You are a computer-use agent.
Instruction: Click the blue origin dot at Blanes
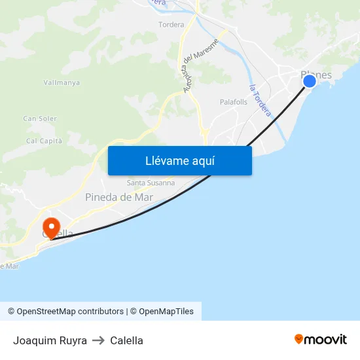[310, 81]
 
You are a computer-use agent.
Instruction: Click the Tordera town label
[171, 25]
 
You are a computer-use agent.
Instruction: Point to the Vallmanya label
[62, 82]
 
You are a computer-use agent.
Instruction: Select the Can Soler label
[40, 118]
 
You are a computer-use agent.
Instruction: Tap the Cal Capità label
[44, 141]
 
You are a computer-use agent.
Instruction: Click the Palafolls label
[234, 102]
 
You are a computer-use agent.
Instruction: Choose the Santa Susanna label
[151, 183]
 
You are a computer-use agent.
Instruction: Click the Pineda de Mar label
[118, 196]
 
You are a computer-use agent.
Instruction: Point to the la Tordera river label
[260, 100]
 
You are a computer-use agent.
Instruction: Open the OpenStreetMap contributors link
[70, 312]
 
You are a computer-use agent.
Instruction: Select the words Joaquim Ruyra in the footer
[50, 340]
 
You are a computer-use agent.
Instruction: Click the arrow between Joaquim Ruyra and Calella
[98, 340]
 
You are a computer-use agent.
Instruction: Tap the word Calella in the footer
[126, 340]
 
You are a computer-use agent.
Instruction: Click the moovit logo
[321, 339]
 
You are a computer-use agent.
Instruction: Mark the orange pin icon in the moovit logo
[299, 339]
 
